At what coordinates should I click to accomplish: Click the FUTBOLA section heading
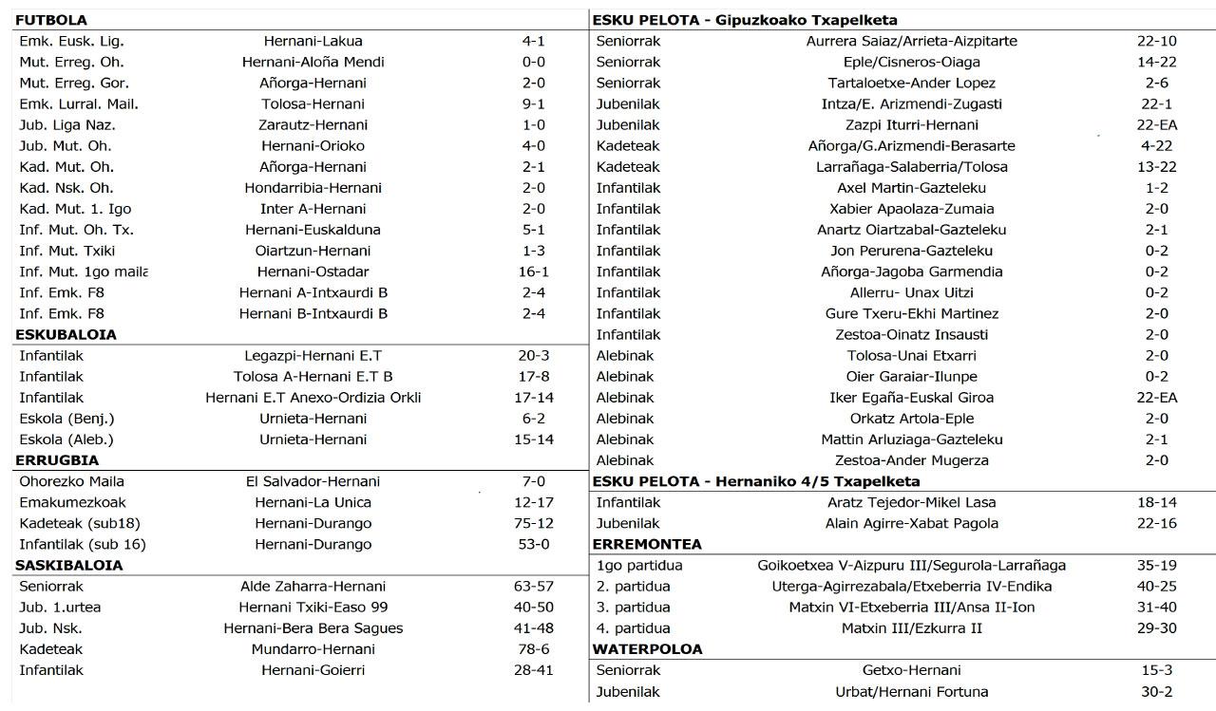coord(51,20)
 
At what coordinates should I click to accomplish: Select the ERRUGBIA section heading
coord(57,460)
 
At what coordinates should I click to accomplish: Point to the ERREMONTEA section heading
coord(647,544)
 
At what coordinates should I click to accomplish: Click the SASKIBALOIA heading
coord(69,565)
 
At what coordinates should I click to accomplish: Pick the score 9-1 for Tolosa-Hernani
coord(534,103)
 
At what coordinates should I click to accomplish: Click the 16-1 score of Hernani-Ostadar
coord(534,271)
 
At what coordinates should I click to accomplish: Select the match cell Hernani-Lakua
coord(313,41)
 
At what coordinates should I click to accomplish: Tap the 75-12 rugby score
coord(534,523)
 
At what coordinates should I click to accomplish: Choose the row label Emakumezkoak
coord(72,502)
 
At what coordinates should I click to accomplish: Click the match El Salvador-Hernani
coord(313,481)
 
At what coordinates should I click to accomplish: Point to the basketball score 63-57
coord(534,586)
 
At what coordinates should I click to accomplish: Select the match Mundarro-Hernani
coord(313,649)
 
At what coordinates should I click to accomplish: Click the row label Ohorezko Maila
coord(72,481)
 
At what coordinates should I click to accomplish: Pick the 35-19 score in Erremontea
coord(1157,565)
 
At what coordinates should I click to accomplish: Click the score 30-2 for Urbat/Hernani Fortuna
coord(1157,691)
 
